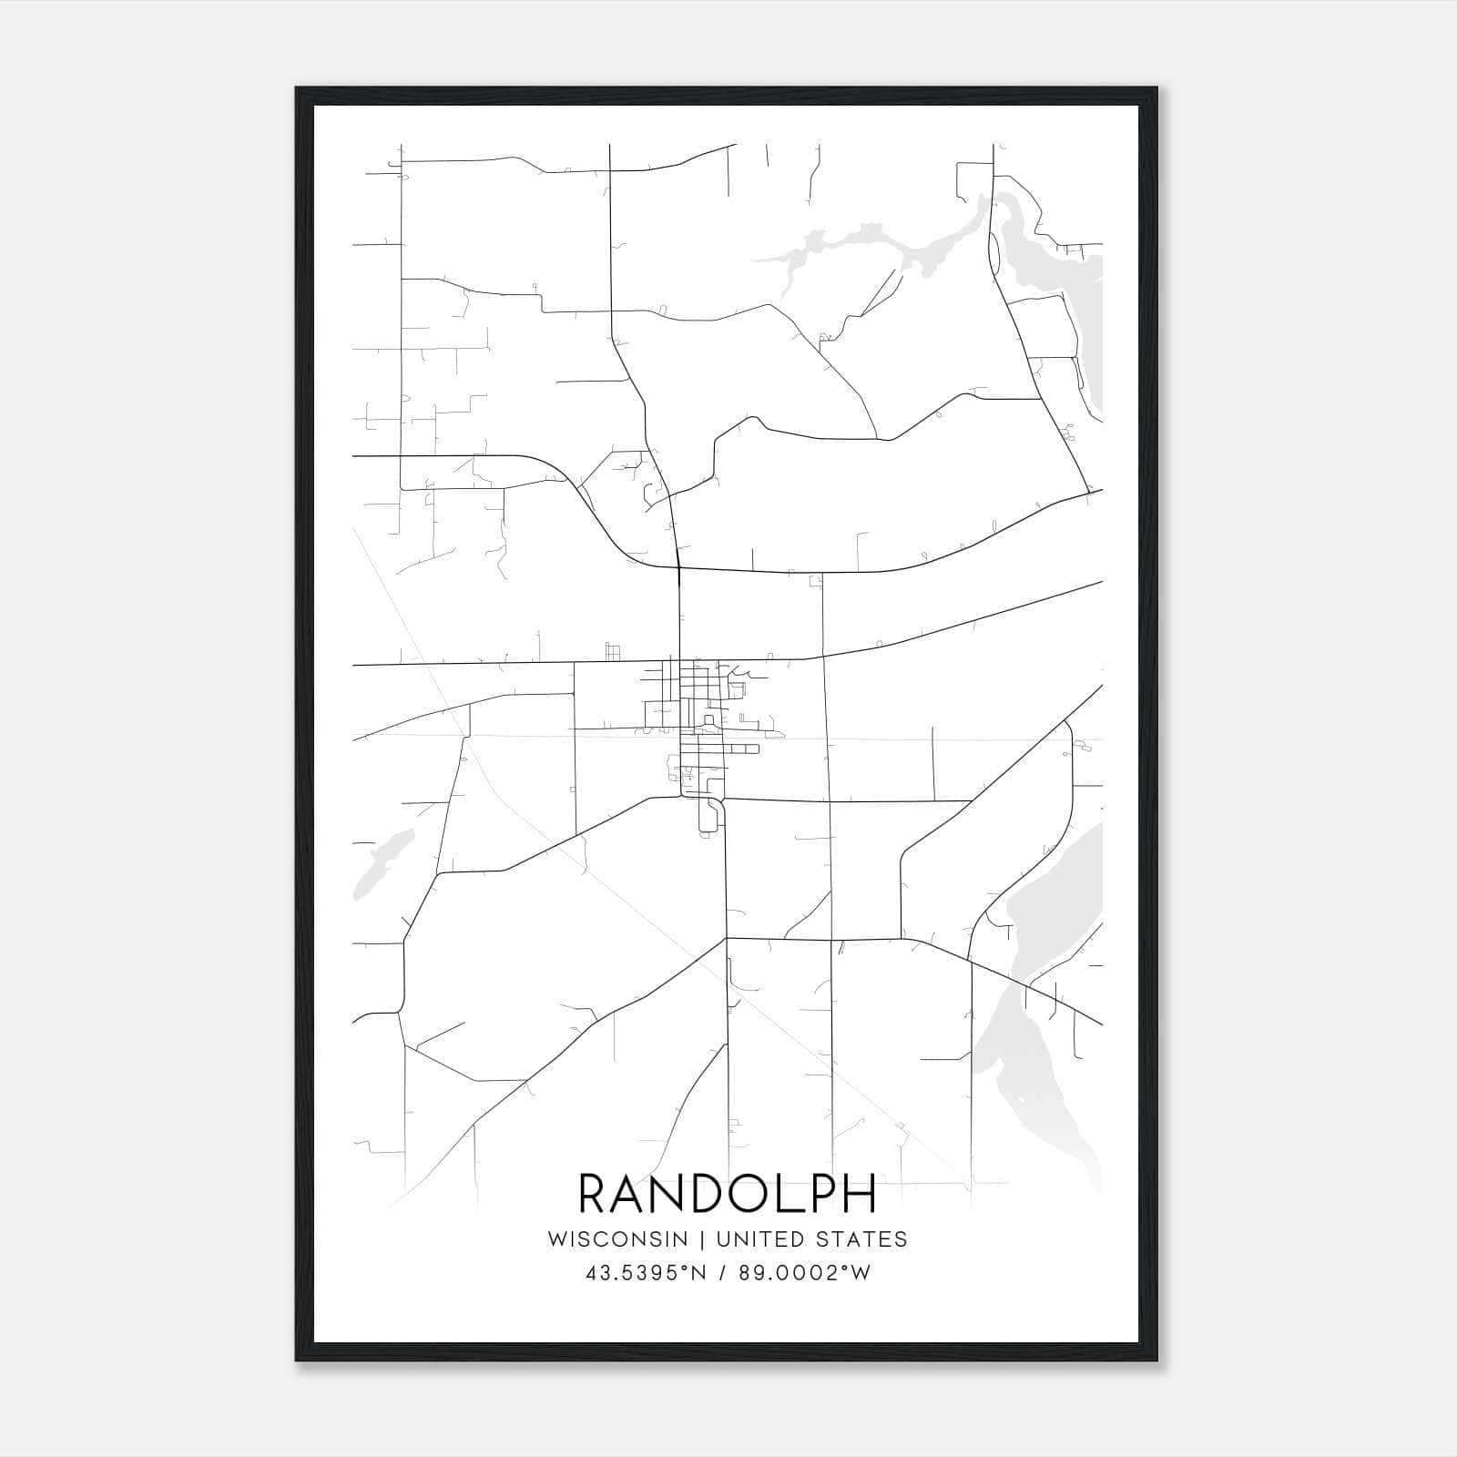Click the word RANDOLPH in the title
(727, 1194)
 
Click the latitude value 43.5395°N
(646, 1274)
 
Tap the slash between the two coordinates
(723, 1274)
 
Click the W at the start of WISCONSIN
(557, 1239)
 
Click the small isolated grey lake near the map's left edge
(382, 861)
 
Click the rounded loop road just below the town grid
(709, 816)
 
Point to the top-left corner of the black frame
(297, 88)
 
